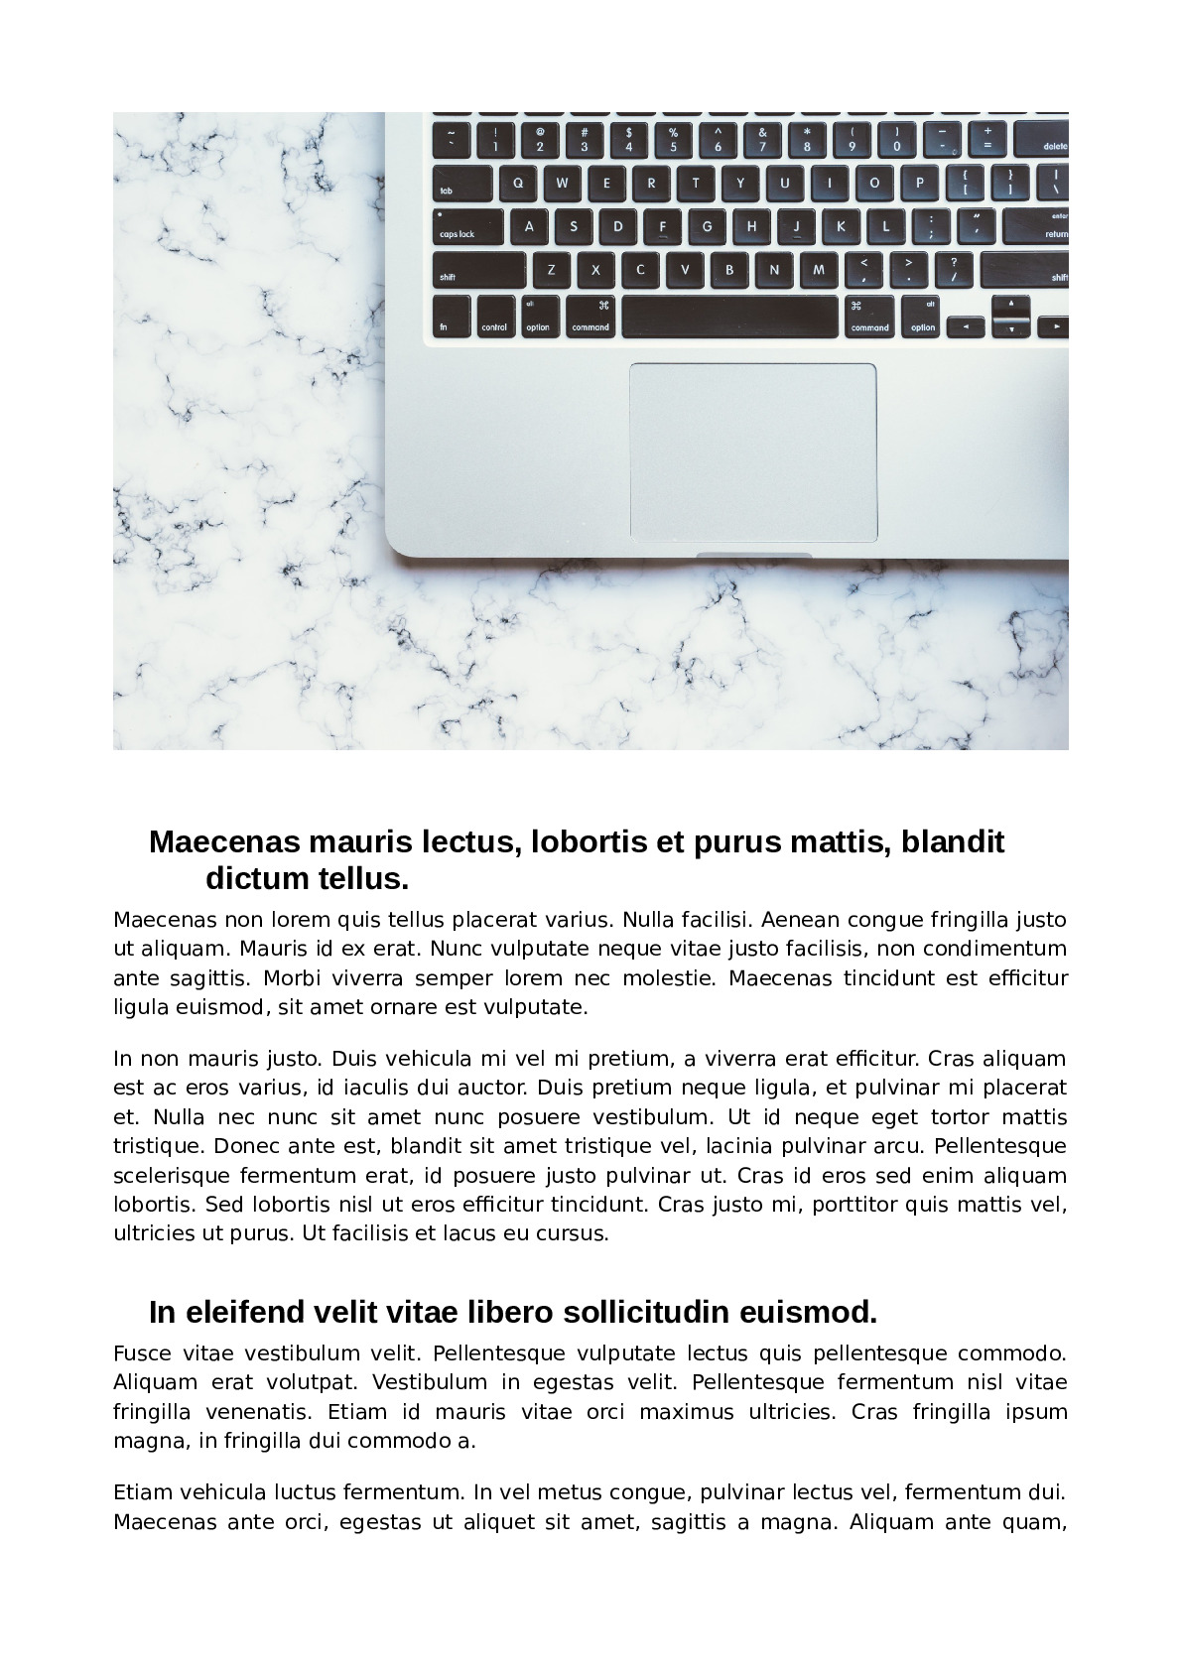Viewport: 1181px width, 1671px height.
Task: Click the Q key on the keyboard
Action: point(517,183)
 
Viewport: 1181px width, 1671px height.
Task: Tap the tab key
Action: point(461,184)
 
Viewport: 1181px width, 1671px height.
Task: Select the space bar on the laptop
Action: point(729,318)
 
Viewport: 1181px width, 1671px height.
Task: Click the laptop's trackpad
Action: point(753,452)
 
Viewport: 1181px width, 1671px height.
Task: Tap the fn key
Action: point(451,318)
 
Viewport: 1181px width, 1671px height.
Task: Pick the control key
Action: point(494,318)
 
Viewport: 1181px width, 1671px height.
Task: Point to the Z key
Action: point(552,270)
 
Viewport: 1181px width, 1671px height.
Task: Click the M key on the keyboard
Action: point(819,270)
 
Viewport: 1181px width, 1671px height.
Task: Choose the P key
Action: point(919,183)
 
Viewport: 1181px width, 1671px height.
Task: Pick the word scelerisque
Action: point(171,1176)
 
